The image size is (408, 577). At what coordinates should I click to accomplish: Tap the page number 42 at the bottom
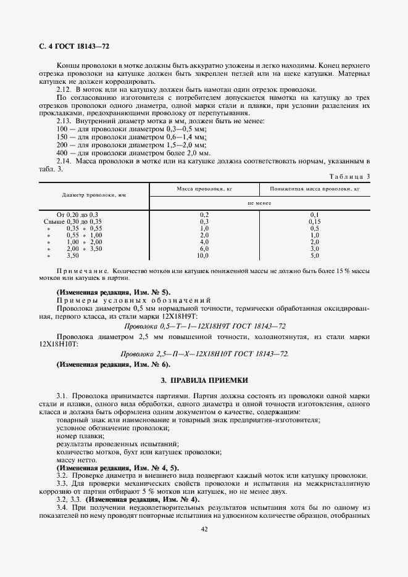click(x=204, y=528)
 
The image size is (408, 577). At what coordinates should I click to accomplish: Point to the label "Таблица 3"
click(x=350, y=176)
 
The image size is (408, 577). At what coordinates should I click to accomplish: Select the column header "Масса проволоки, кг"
click(x=204, y=189)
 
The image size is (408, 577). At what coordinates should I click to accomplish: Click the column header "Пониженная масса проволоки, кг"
click(x=314, y=189)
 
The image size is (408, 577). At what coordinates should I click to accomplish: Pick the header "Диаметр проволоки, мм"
click(x=94, y=195)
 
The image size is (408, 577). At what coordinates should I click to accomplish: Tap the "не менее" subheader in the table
click(x=259, y=202)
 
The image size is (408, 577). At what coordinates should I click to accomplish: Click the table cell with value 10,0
click(x=204, y=255)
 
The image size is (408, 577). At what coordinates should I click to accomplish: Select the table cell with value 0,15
click(x=314, y=221)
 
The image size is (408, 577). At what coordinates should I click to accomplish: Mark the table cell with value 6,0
click(x=204, y=248)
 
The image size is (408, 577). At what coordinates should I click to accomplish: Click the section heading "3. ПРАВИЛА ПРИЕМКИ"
click(x=204, y=380)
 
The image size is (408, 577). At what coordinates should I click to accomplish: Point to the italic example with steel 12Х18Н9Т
click(x=204, y=325)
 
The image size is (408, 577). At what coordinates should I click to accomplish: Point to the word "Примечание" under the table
click(x=82, y=271)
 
